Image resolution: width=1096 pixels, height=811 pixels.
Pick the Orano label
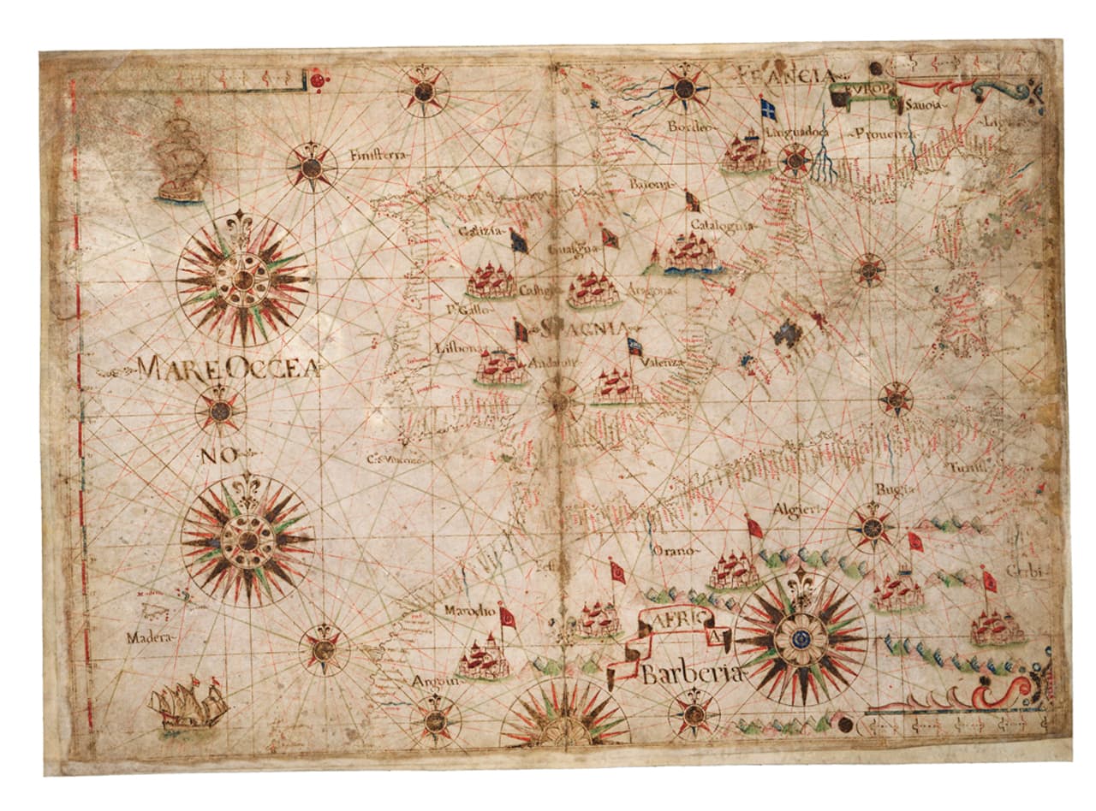coord(673,551)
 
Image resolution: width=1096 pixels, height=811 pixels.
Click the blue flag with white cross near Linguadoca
coord(768,109)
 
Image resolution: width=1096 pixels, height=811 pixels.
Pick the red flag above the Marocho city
coord(508,616)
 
